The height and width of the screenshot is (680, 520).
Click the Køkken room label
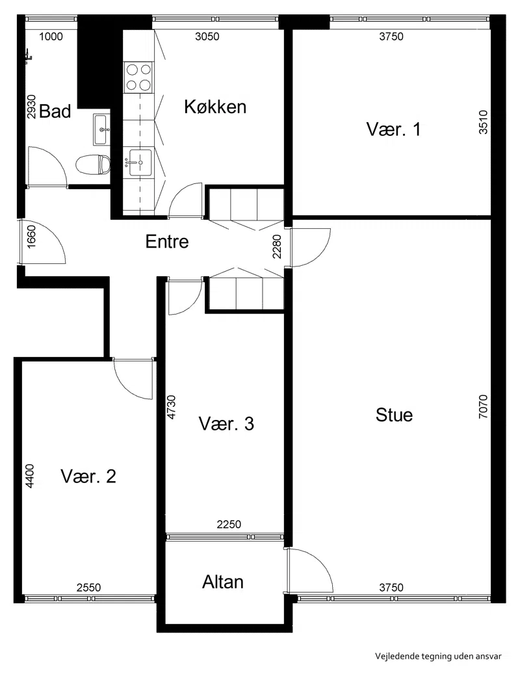coord(215,107)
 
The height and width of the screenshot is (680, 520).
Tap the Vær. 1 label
coord(393,129)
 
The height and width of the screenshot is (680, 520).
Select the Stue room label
coord(394,415)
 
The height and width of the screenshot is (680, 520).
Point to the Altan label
coord(222,582)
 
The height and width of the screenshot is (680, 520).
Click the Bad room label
coord(55,111)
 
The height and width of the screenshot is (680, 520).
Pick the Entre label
coord(167,242)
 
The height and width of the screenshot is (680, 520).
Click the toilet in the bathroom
coord(92,164)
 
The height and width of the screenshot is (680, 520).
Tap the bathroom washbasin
coord(101,129)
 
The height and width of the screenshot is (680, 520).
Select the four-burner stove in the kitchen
coord(138,77)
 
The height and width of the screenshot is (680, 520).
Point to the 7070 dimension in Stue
coord(483,406)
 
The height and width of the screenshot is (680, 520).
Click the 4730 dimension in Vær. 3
coord(172,407)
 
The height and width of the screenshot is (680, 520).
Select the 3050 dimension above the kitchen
coord(207,36)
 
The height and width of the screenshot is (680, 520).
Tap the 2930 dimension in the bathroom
coord(31,107)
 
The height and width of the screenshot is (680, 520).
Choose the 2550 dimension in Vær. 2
coord(88,587)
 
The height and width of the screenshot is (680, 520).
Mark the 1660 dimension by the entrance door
coord(31,237)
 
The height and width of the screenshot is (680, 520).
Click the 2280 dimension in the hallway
coord(277,246)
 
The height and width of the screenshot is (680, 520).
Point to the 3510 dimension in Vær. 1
coord(483,122)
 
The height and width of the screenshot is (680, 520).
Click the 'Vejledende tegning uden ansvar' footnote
coord(438,656)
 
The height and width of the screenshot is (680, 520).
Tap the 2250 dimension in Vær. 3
coord(229,525)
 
